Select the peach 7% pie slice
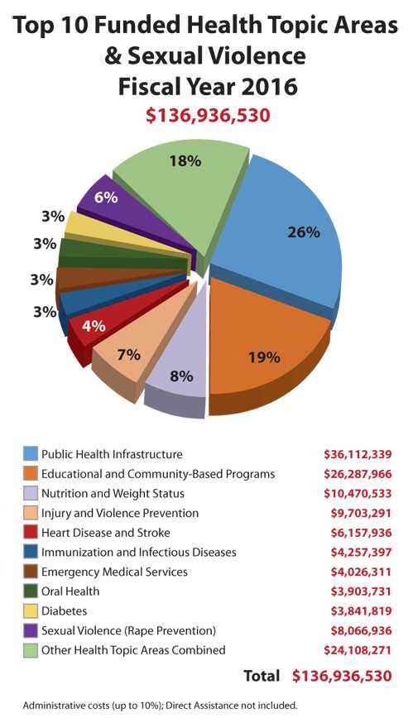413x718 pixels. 128,356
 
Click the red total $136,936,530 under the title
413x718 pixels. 207,115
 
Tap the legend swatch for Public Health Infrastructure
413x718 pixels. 31,454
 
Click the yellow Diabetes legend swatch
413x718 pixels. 31,610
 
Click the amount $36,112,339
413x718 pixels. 357,454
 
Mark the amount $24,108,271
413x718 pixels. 357,649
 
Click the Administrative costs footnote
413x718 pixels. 160,706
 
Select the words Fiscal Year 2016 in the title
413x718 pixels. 207,85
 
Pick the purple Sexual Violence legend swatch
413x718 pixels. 31,630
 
